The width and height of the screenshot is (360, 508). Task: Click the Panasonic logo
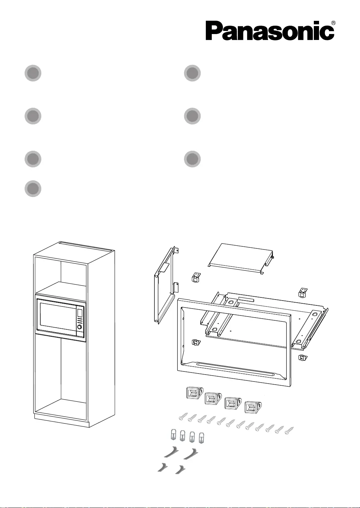click(x=270, y=31)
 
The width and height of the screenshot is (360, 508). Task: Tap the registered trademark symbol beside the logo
click(x=333, y=23)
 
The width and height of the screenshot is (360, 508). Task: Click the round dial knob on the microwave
click(x=79, y=327)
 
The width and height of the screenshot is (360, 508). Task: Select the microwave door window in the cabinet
click(x=58, y=317)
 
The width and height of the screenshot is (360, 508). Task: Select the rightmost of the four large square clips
click(x=253, y=407)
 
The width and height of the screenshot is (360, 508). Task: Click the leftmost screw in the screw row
click(x=183, y=416)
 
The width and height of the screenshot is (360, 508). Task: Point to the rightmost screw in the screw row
click(x=289, y=431)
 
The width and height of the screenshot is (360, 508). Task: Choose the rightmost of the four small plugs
click(x=201, y=438)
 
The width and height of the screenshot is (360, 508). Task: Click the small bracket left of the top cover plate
click(x=196, y=277)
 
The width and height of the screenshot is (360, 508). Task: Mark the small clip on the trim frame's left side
click(x=196, y=342)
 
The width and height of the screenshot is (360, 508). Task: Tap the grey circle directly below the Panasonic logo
click(x=192, y=73)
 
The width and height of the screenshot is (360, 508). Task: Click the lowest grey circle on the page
click(x=33, y=188)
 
